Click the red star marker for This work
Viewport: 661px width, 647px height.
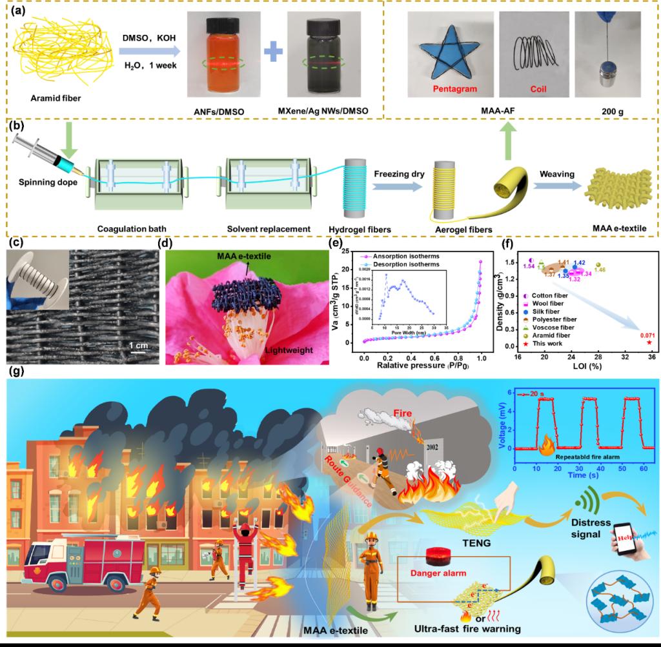649,342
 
